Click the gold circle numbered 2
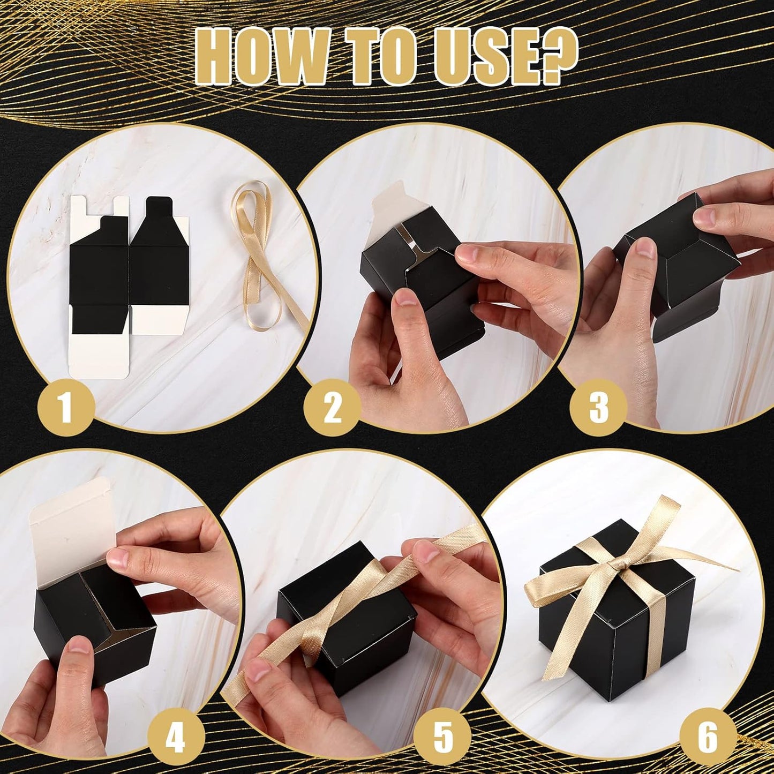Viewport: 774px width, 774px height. (x=332, y=408)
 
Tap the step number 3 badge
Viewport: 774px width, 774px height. (x=598, y=405)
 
